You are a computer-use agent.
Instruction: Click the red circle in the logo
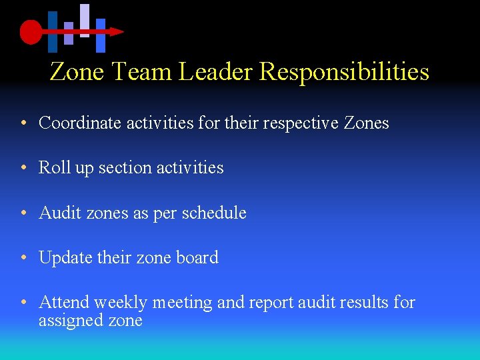coord(31,31)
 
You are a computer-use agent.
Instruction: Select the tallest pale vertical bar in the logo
coord(85,20)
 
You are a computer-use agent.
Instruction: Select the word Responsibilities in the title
coord(344,71)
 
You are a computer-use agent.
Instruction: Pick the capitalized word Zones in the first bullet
coord(366,123)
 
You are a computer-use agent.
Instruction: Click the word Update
coord(66,257)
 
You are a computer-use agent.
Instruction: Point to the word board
coord(196,257)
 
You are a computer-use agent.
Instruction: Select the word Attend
coord(64,303)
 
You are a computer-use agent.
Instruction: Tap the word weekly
coord(120,303)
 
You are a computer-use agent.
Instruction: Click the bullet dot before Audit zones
coord(23,213)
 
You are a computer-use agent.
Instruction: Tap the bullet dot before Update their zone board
coord(23,258)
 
